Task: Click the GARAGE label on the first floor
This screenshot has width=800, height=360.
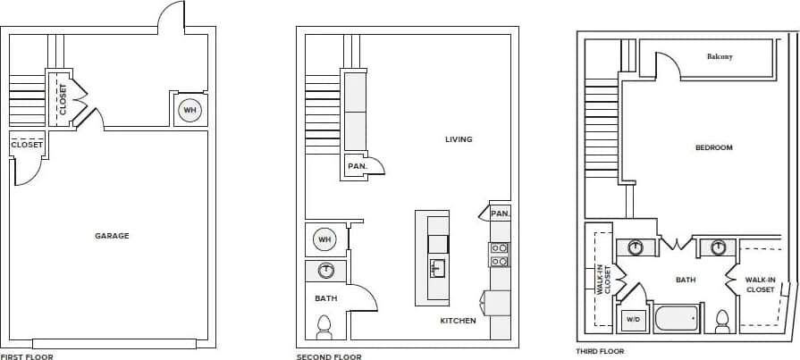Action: coord(112,236)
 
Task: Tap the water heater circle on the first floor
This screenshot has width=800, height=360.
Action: coord(189,110)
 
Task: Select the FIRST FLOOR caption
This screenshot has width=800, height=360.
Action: coord(27,356)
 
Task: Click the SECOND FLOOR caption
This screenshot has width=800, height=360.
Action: coord(329,356)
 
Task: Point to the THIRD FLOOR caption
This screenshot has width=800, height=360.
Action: coord(600,351)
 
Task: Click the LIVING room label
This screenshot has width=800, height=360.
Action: coord(459,139)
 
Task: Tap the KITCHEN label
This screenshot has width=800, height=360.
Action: coord(458,321)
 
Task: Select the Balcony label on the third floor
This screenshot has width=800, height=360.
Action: coord(720,57)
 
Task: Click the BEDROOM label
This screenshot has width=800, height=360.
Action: coord(713,147)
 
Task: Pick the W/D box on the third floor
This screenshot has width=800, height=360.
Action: coord(633,319)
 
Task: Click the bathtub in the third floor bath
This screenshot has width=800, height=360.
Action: coord(676,319)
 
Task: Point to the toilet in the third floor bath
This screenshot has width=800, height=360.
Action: coord(723,320)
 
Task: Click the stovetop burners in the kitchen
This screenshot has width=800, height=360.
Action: coord(499,255)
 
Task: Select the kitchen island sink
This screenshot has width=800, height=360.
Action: coord(437,268)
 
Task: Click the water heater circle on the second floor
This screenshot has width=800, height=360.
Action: coord(324,239)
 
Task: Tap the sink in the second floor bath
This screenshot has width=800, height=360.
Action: coord(326,270)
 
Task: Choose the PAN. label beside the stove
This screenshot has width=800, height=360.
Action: coord(500,213)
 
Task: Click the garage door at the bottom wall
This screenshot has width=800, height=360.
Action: coord(114,344)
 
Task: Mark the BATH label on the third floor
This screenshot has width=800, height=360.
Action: coord(686,280)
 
